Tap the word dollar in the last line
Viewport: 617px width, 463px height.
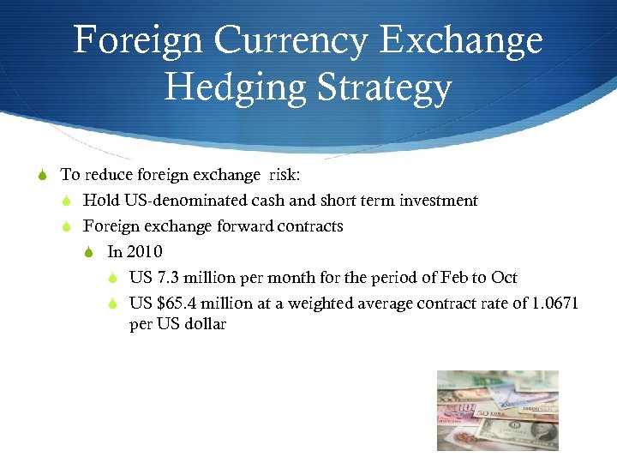(206, 325)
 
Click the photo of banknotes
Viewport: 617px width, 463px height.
(497, 410)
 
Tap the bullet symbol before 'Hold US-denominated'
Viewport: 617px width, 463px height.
(66, 201)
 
